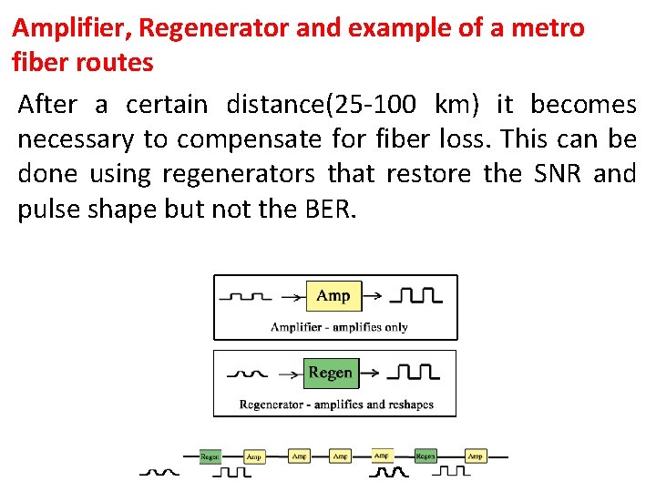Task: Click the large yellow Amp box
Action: (x=333, y=295)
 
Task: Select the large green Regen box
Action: (x=330, y=373)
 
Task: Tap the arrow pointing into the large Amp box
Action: (x=292, y=296)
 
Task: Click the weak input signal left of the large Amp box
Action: (x=250, y=297)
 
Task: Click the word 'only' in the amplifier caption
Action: (x=396, y=327)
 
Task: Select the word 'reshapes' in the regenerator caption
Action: (x=408, y=404)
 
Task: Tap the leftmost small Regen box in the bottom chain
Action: (x=210, y=456)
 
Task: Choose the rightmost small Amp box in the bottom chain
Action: (x=475, y=456)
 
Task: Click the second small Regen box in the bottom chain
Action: (x=425, y=456)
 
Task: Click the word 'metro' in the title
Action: (x=551, y=27)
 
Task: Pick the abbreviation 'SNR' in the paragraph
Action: (x=557, y=173)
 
